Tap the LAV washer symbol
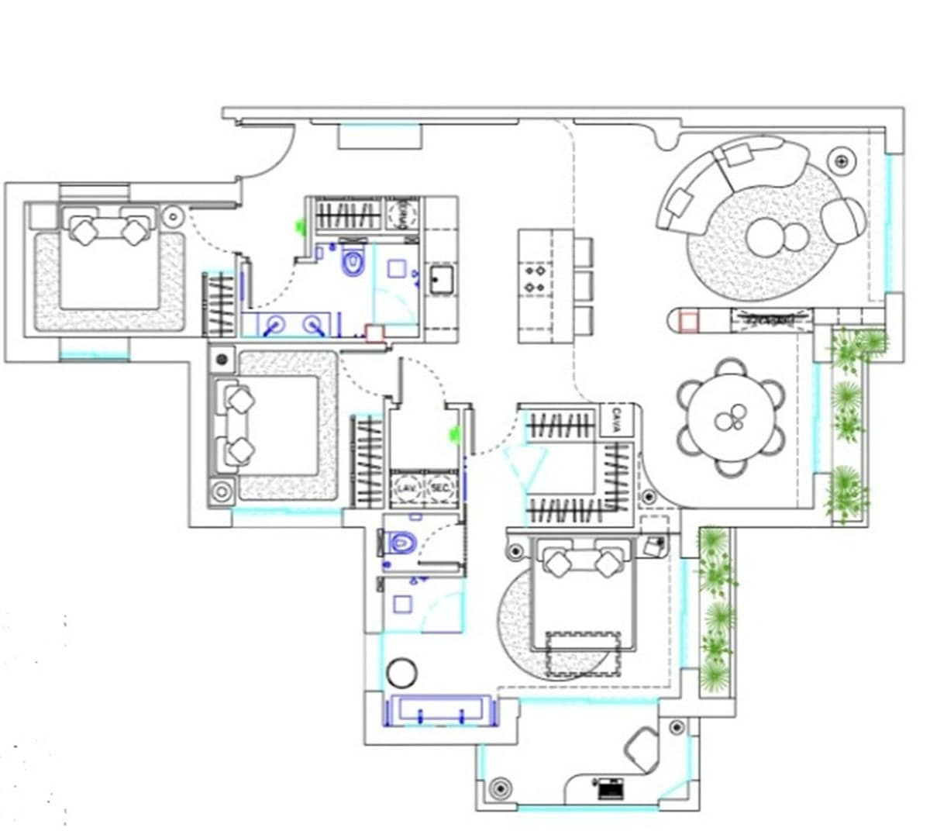tap(405, 488)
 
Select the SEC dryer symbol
tap(439, 488)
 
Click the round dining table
tap(732, 419)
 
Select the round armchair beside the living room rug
tap(843, 220)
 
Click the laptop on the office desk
tap(610, 788)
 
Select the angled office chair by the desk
tap(642, 748)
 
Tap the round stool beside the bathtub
tap(402, 673)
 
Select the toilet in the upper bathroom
tap(353, 261)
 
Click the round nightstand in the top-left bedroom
tap(172, 215)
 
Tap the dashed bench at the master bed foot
tap(583, 654)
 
